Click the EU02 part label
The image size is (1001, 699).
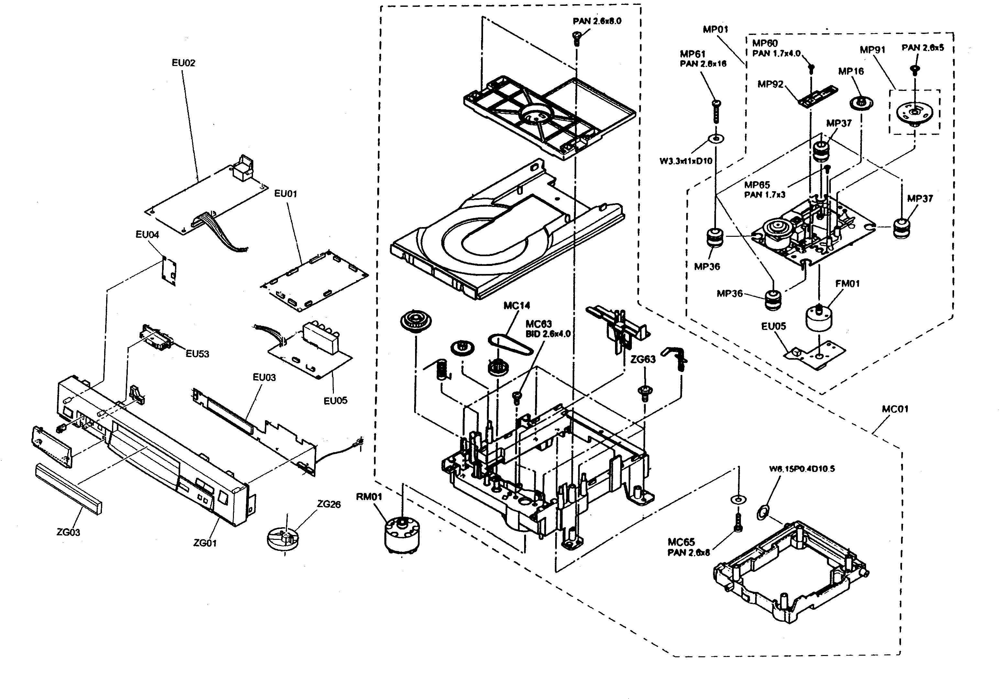[x=183, y=63]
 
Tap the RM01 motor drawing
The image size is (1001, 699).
[x=402, y=535]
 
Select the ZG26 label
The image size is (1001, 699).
[x=329, y=504]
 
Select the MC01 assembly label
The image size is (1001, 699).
[x=895, y=409]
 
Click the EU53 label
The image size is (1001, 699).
[x=197, y=354]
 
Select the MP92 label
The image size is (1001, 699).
[x=770, y=84]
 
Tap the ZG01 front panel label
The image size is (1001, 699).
[x=205, y=543]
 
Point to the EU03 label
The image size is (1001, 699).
[x=264, y=377]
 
